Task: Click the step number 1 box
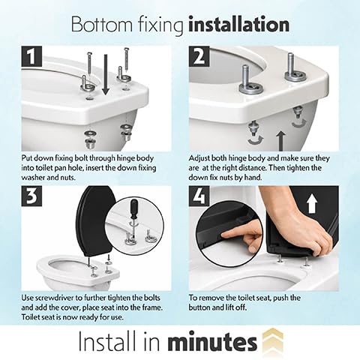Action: point(31,56)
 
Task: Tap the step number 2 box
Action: point(199,56)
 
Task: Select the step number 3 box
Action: point(31,196)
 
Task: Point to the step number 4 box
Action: point(199,196)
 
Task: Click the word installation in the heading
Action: point(238,25)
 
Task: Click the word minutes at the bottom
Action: point(212,341)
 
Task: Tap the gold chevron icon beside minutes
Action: point(273,340)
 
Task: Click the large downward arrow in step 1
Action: point(106,74)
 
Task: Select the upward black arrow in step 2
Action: point(281,141)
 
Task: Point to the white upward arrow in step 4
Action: point(312,204)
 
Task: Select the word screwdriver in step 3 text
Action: point(57,298)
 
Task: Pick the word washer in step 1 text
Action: point(34,178)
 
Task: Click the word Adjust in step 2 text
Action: point(199,158)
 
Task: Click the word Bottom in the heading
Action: point(102,25)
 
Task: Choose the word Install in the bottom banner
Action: point(108,341)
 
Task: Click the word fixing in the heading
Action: point(160,25)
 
